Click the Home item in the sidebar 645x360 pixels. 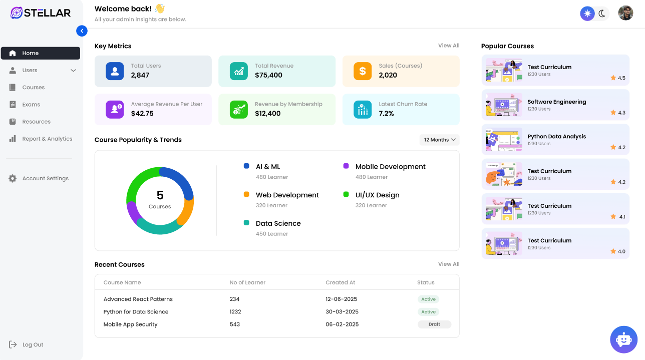coord(40,53)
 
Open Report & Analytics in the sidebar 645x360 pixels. coord(47,139)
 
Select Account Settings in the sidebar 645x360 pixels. coord(45,178)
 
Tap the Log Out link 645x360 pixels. coord(33,344)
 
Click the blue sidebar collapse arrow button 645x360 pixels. coord(82,31)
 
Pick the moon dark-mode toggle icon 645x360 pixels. coord(602,14)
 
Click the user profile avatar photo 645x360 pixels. coord(625,14)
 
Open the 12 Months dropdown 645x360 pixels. coord(439,140)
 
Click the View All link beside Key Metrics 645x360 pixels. coord(448,46)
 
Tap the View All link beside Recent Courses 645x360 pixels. coord(448,264)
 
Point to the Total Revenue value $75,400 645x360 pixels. coord(268,75)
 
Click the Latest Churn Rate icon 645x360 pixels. coord(363,109)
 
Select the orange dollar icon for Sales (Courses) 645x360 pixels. coord(363,71)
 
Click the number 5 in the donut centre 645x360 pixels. coord(160,195)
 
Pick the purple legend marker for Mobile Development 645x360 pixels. coord(346,166)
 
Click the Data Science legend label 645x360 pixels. coord(278,223)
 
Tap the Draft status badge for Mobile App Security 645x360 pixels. coord(434,324)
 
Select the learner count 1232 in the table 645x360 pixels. coord(235,311)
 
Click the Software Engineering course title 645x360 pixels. coord(556,102)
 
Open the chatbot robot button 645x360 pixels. coord(623,339)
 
